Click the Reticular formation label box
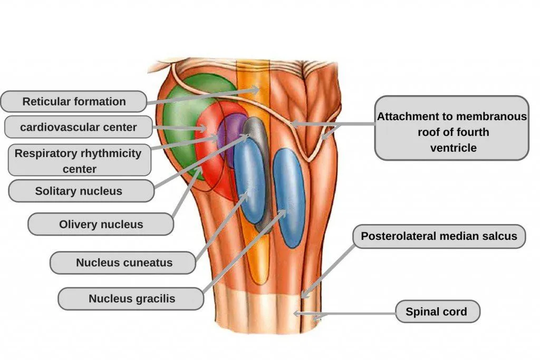[73, 101]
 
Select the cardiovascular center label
[79, 127]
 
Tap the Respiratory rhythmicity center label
[79, 161]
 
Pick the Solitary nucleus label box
[79, 191]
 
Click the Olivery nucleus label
[100, 224]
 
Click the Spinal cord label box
[436, 312]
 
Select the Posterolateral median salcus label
[439, 236]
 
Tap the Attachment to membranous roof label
[451, 128]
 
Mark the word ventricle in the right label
[453, 148]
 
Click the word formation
[100, 101]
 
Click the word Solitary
[56, 191]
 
